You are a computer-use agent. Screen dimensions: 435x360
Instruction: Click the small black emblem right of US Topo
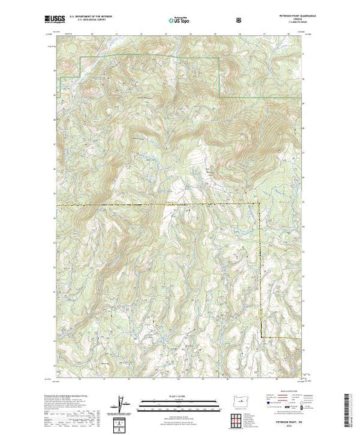click(x=239, y=21)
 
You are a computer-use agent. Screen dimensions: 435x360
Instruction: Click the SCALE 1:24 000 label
click(x=180, y=396)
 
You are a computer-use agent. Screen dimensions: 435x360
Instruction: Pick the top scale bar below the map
click(x=180, y=401)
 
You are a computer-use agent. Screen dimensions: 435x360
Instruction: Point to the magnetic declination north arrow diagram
click(x=122, y=403)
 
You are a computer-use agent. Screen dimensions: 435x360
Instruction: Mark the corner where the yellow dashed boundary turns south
click(x=260, y=205)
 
